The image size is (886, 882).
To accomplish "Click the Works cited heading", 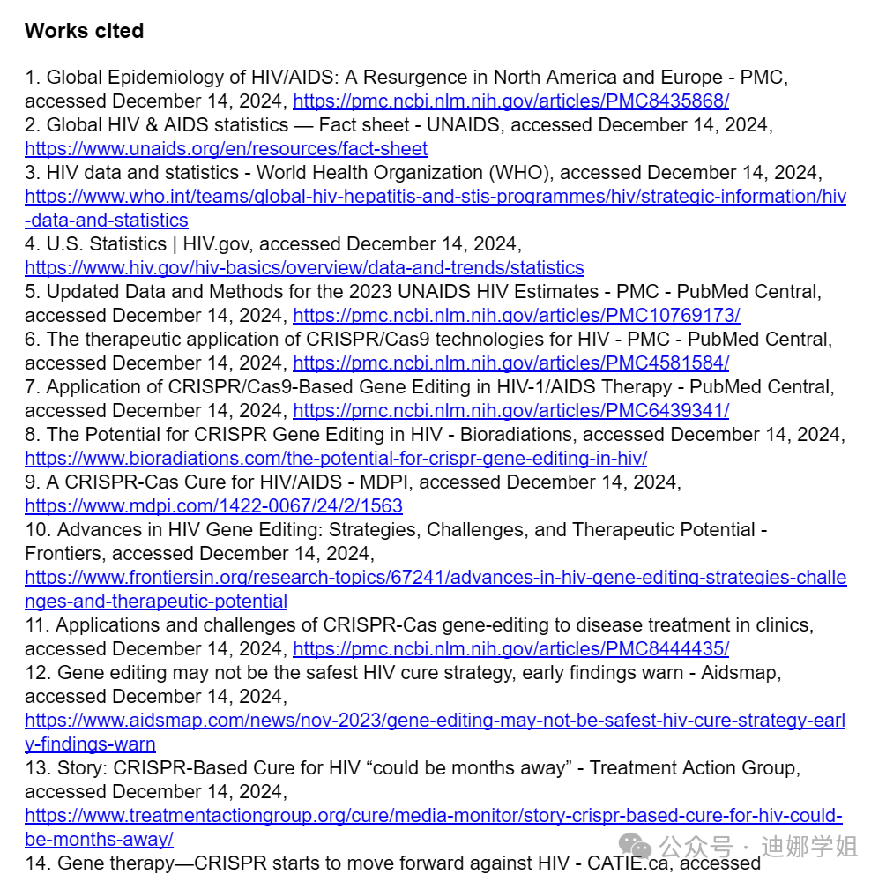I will (x=85, y=31).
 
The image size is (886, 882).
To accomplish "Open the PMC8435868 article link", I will (x=510, y=101).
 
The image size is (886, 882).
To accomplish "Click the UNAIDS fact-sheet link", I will (x=226, y=149).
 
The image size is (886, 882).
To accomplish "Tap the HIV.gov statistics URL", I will (x=304, y=268).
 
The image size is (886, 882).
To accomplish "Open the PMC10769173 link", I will (x=516, y=316).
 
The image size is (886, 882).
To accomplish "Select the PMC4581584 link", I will (x=510, y=363).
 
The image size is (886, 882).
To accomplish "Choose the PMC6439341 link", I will (x=510, y=411).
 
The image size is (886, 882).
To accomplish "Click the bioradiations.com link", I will (x=336, y=459).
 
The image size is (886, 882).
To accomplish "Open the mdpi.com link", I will (x=213, y=506).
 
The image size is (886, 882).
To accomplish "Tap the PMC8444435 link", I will (x=510, y=649).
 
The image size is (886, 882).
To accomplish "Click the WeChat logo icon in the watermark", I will (x=636, y=848).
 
